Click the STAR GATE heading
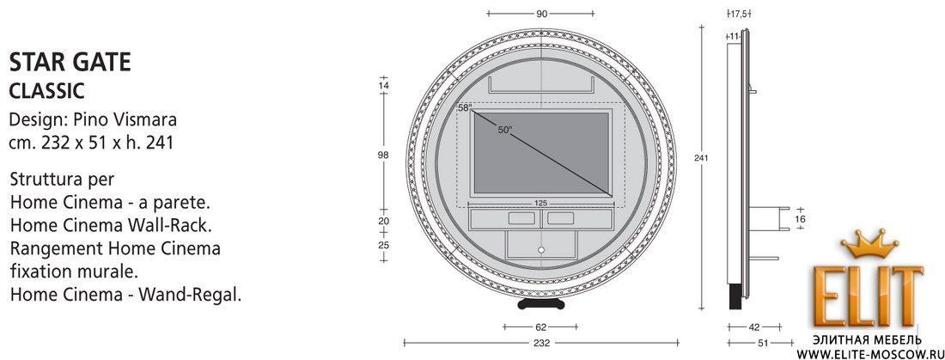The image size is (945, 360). pos(70,62)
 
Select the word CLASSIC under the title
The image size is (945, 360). pos(46,91)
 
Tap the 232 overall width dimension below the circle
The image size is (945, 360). pos(541,343)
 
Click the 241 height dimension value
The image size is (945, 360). pos(702,158)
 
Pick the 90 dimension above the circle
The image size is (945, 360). pos(541,13)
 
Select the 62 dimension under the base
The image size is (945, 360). pos(540,327)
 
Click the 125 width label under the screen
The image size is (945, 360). pos(541,204)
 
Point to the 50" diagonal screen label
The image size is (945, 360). pos(504,130)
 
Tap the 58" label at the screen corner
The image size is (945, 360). pos(464,108)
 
